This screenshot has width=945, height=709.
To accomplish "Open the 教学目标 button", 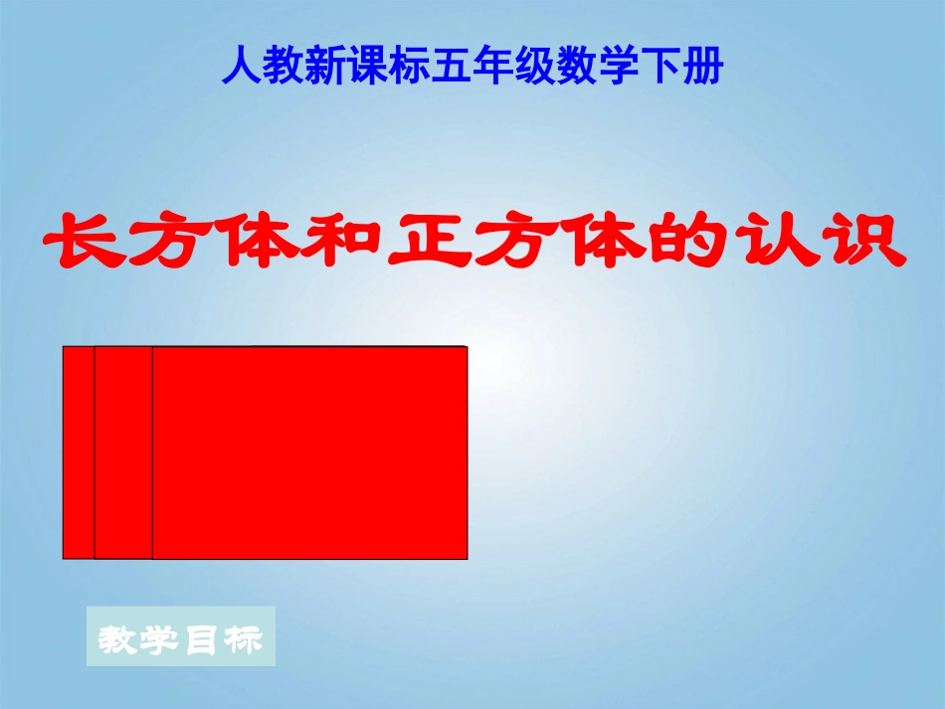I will (181, 638).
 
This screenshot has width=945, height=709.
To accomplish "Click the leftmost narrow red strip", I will (79, 452).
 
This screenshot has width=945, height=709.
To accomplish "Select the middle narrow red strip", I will (123, 452).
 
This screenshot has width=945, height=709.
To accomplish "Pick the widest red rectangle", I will (309, 452).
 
